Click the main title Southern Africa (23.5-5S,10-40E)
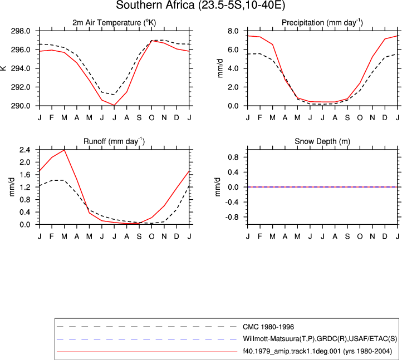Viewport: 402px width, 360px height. pos(200,5)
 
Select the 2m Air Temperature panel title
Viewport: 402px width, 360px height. pos(114,23)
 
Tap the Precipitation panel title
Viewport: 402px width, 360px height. pos(322,23)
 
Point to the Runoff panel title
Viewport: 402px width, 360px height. pos(114,141)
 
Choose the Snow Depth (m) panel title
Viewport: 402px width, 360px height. pos(322,141)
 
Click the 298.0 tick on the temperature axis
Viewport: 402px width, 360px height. pos(21,31)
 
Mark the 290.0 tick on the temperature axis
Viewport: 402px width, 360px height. pos(21,106)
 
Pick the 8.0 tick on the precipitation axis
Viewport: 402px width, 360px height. pos(233,31)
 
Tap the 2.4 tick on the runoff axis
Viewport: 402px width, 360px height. pos(24,150)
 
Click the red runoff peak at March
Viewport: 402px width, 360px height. pos(65,150)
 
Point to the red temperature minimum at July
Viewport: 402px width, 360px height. pos(114,105)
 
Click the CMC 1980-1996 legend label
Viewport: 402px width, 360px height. pos(268,327)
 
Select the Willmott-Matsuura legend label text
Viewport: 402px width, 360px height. pos(320,339)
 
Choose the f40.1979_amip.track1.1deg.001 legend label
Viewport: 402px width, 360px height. pos(317,351)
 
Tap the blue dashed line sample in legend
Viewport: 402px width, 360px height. pos(146,339)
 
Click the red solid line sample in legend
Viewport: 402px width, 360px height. pos(146,352)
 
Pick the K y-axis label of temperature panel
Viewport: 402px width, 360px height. pos(3,68)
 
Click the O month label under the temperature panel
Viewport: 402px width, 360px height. pos(152,117)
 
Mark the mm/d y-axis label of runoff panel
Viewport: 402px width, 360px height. pos(12,187)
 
